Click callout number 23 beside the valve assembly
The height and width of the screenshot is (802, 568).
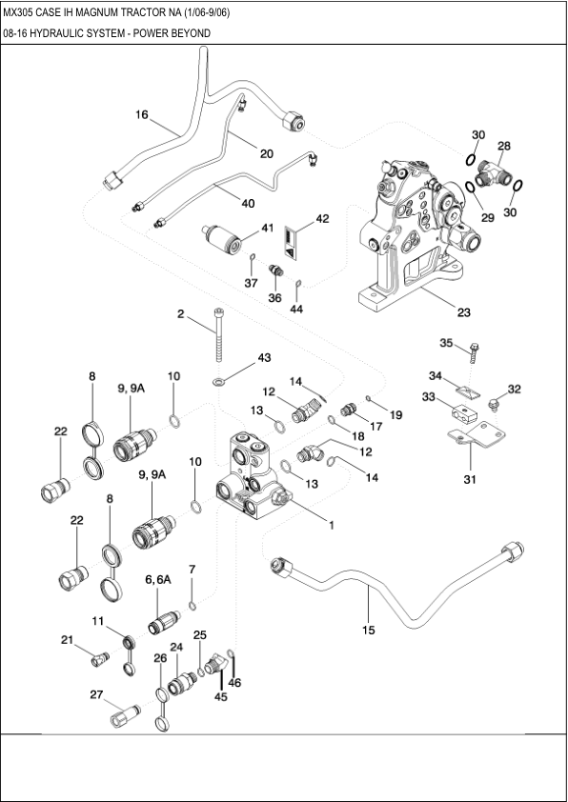[463, 311]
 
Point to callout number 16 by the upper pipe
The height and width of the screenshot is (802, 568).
[141, 115]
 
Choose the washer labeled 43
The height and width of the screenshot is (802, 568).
[220, 381]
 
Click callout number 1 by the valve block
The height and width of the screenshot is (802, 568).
[331, 524]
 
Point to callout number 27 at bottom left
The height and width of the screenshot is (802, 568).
[96, 694]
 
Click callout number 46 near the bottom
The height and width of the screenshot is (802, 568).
[234, 683]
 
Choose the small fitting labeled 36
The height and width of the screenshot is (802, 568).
[274, 272]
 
